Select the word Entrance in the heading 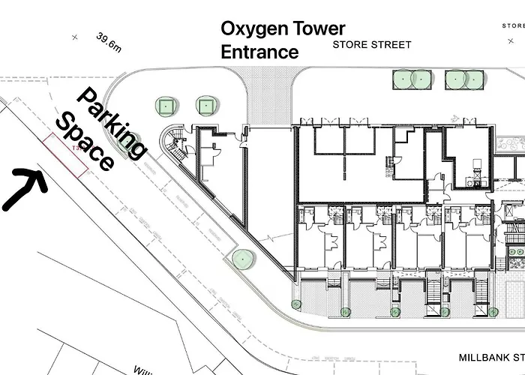click(x=259, y=52)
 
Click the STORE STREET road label click(x=371, y=45)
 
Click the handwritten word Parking click(x=112, y=124)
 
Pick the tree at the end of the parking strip click(x=241, y=259)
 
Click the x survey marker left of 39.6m click(x=74, y=36)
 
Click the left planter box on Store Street click(x=410, y=77)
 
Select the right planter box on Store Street click(x=463, y=77)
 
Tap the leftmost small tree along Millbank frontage click(x=295, y=304)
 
